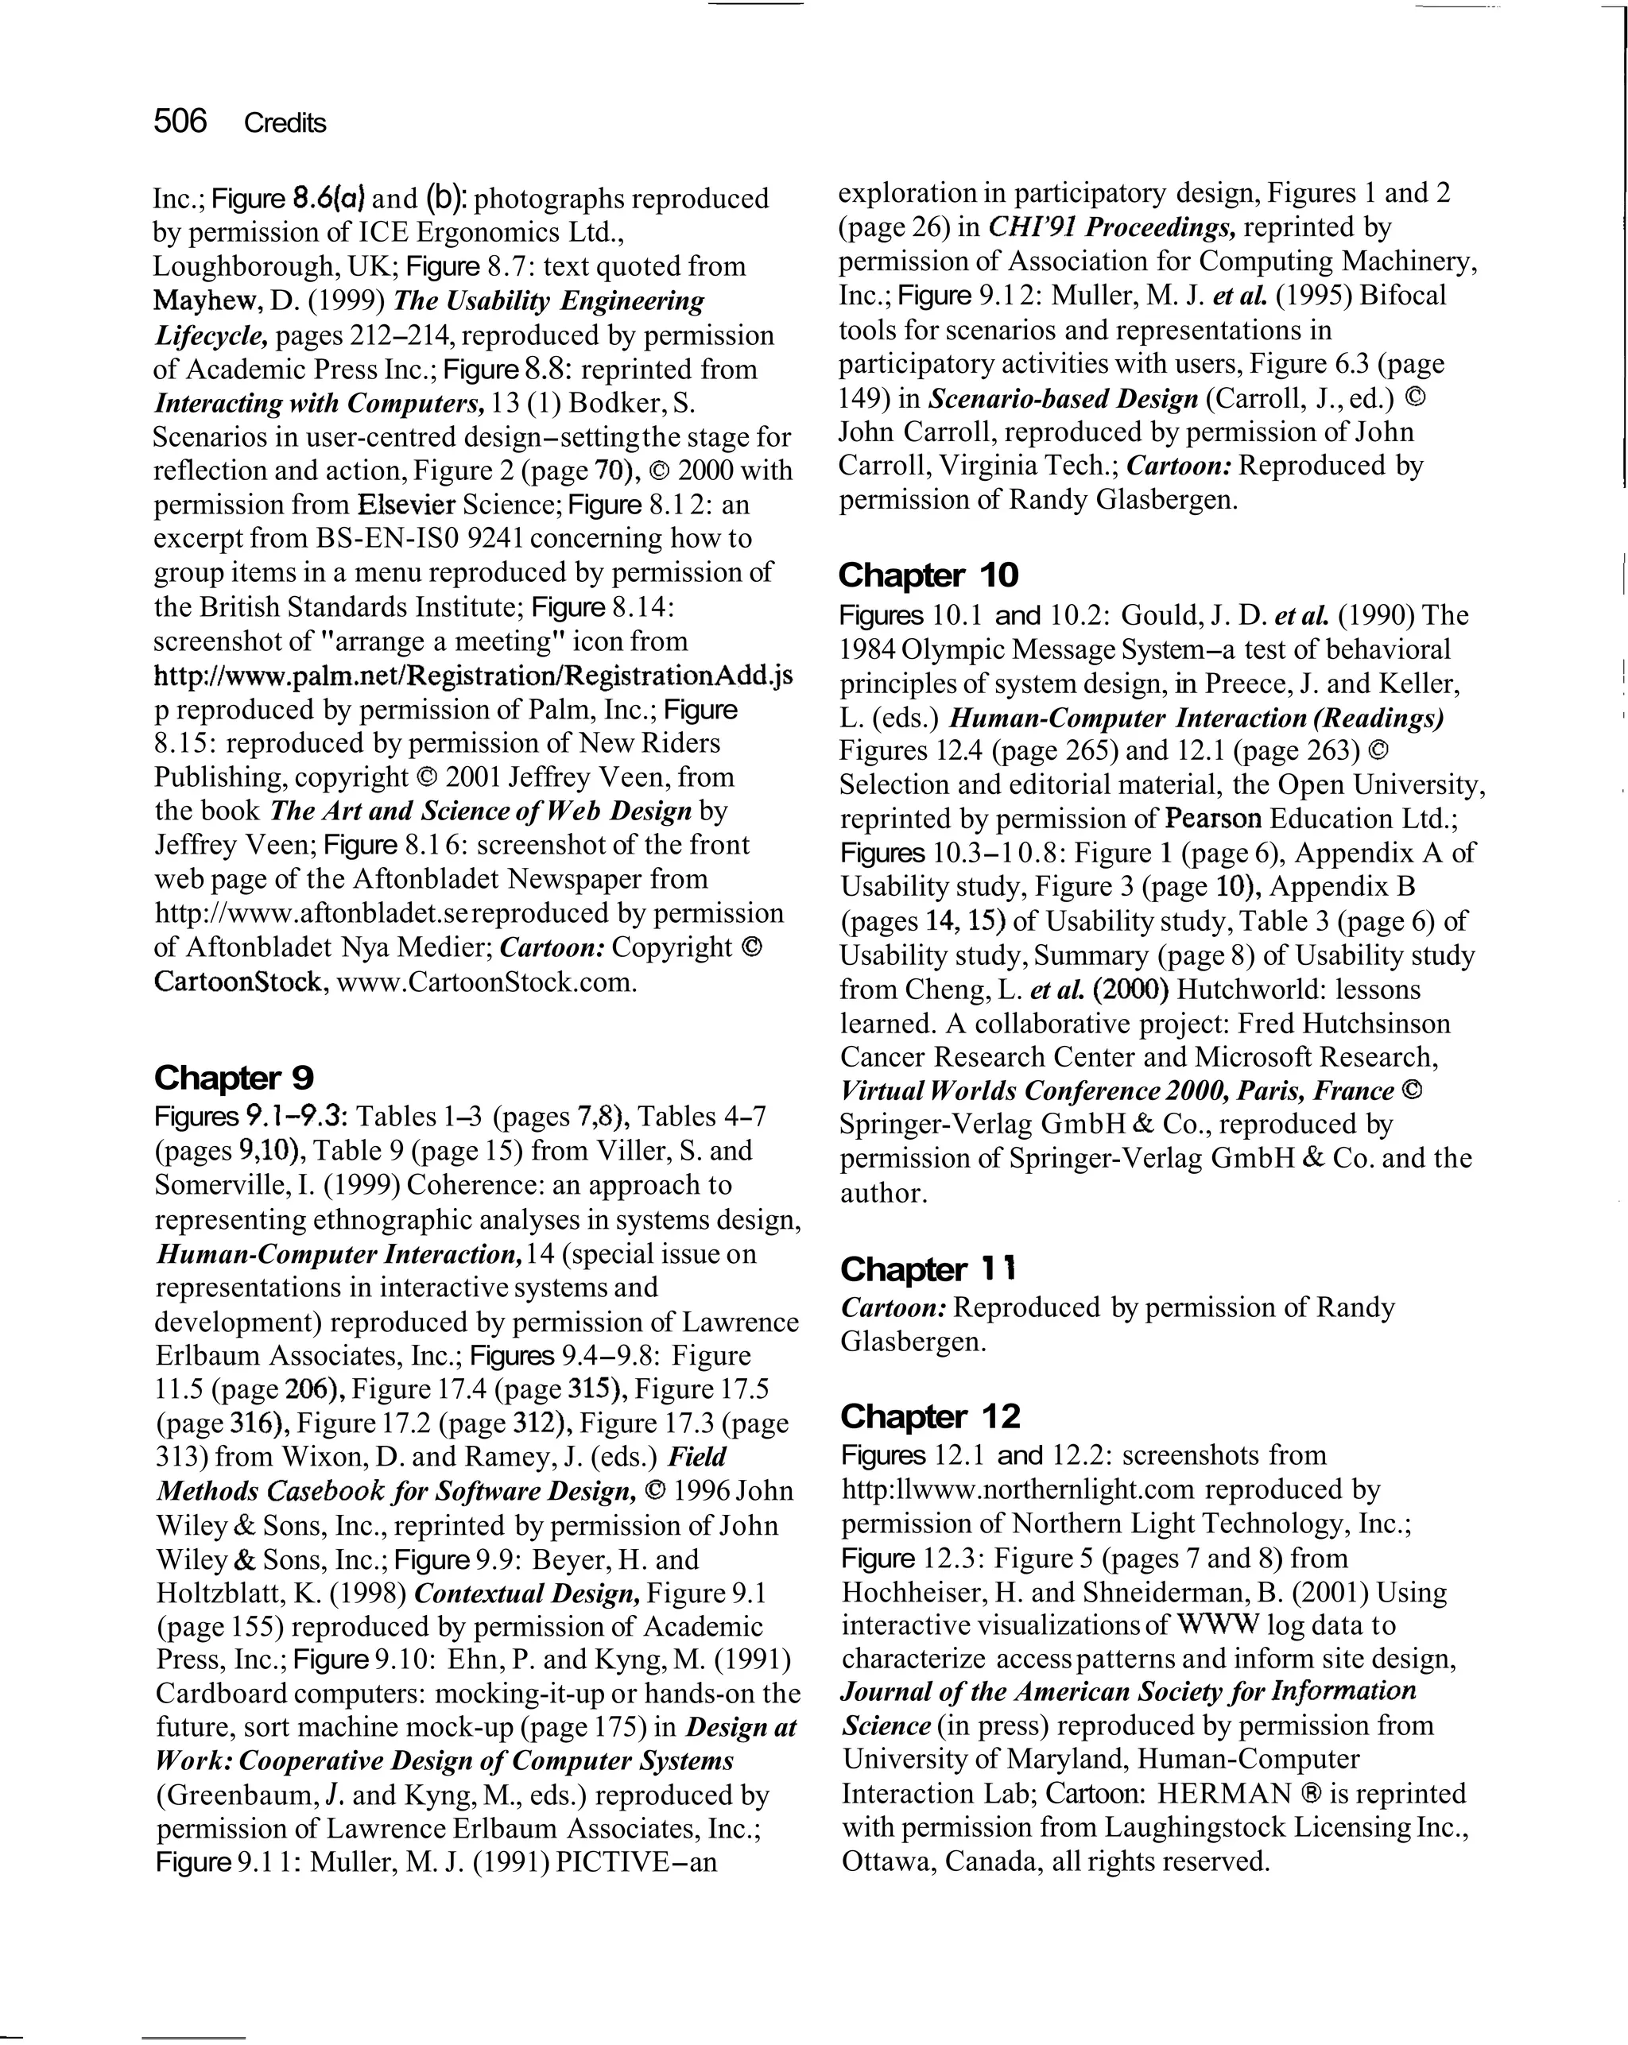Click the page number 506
(x=180, y=122)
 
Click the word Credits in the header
(x=285, y=123)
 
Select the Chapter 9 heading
(x=234, y=1078)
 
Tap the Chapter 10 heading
(x=928, y=575)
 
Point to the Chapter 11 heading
(x=928, y=1268)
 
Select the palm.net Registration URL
(x=472, y=676)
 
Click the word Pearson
(x=1212, y=819)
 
